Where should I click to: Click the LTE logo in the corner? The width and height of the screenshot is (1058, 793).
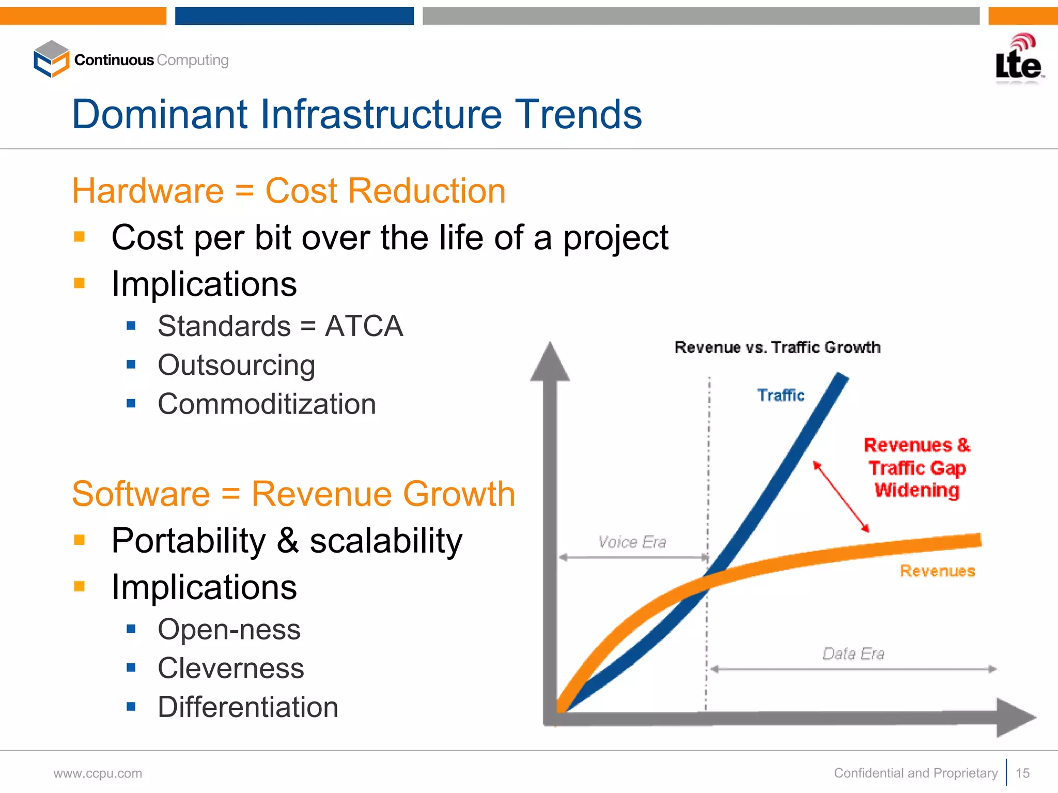click(x=1018, y=59)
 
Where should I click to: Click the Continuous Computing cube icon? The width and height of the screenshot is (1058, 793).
click(x=51, y=59)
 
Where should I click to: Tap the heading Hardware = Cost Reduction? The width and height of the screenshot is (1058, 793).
click(x=288, y=191)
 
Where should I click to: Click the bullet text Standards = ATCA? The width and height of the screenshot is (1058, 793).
click(x=280, y=326)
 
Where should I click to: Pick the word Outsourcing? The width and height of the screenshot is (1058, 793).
click(x=236, y=365)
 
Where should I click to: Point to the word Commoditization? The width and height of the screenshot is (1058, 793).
click(x=267, y=404)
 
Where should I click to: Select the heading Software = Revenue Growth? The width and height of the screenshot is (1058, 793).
click(x=293, y=494)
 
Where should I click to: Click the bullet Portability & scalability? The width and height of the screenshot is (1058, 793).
click(x=287, y=541)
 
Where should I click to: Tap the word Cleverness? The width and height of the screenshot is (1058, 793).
click(x=230, y=668)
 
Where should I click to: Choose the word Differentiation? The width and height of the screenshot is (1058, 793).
click(x=247, y=707)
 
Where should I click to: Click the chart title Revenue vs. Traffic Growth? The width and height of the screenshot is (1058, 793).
click(x=777, y=347)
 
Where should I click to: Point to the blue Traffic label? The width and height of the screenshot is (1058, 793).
click(x=781, y=395)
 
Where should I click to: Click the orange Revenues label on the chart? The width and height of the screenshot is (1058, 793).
click(x=937, y=571)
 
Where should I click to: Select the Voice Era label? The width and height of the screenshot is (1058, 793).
click(x=632, y=542)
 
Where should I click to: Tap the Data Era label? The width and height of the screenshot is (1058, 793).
click(x=853, y=654)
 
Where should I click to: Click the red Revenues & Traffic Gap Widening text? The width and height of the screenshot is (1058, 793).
click(x=917, y=467)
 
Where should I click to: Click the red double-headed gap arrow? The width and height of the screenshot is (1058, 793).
click(x=841, y=496)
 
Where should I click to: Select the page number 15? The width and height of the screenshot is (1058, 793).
click(x=1022, y=773)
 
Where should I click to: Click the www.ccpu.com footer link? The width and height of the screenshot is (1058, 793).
click(x=98, y=774)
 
